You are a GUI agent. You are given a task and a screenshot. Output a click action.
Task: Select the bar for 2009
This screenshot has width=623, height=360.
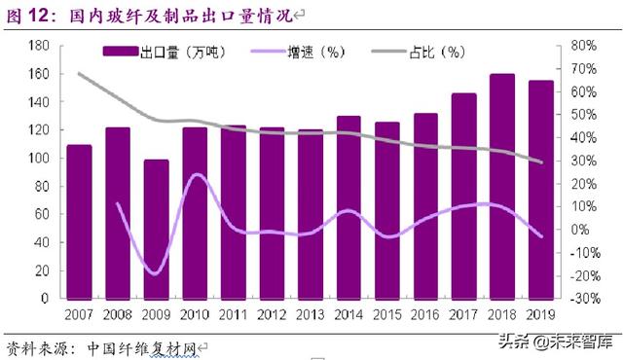157,230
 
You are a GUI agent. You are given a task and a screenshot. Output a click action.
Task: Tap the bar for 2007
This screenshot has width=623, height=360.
79,222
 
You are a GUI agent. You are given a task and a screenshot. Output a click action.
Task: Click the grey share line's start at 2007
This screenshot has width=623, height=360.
79,74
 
